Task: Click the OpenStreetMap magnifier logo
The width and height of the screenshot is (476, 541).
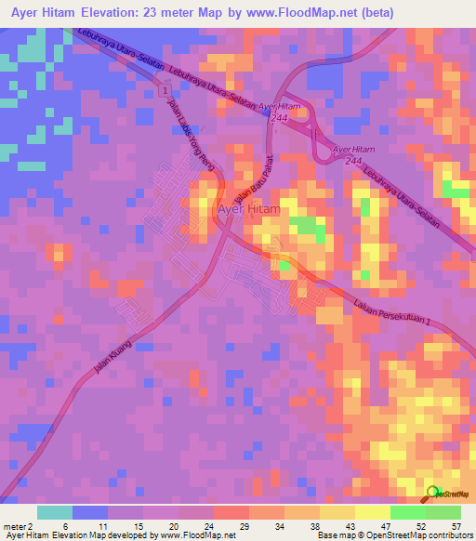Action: (433, 494)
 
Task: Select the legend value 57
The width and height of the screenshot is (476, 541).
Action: (456, 525)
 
